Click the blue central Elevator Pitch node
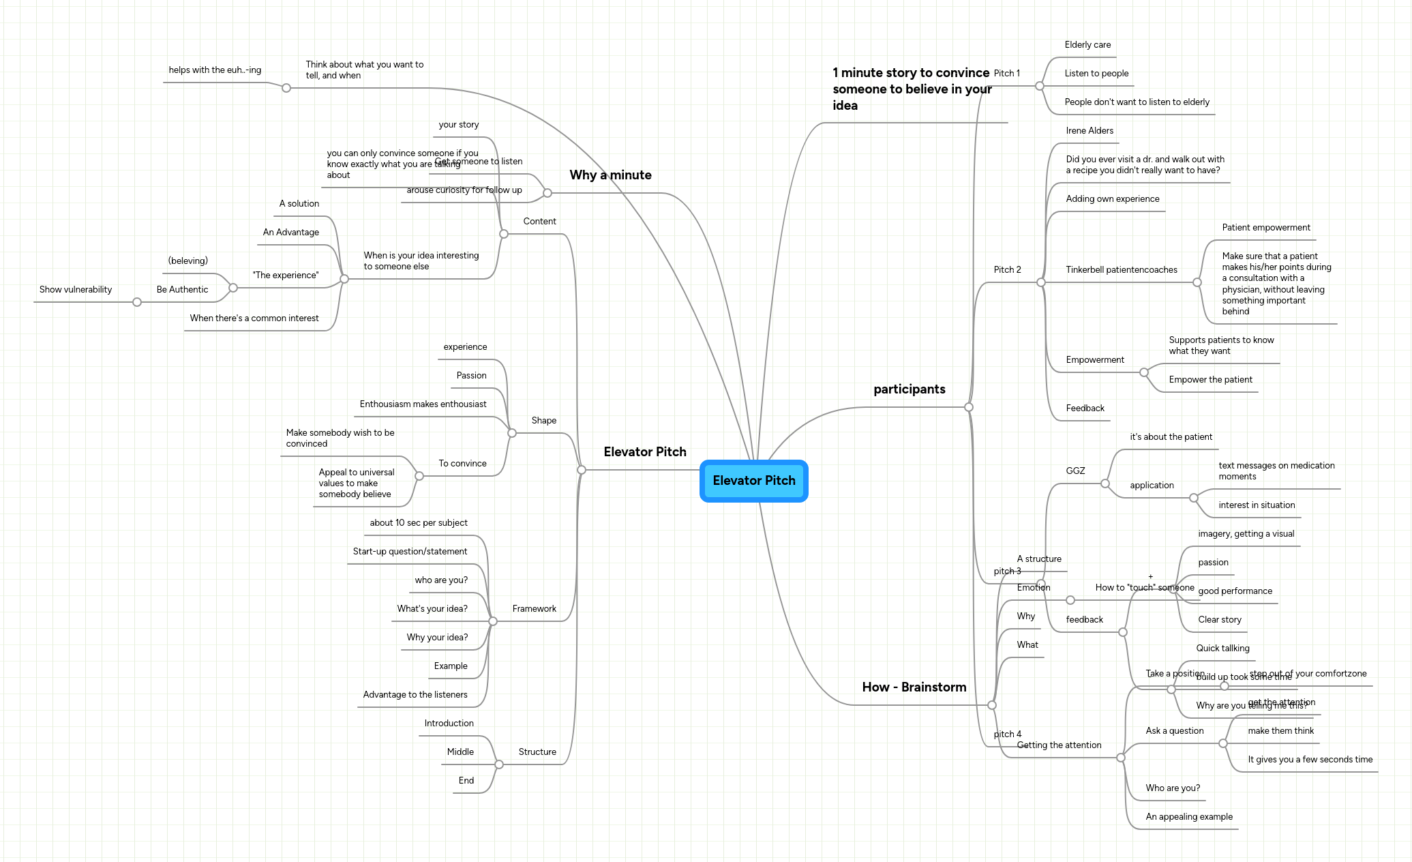pyautogui.click(x=753, y=481)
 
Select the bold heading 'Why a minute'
pyautogui.click(x=610, y=175)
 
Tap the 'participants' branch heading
pyautogui.click(x=909, y=389)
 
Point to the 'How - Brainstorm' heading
pyautogui.click(x=914, y=687)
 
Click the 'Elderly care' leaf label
pyautogui.click(x=1087, y=45)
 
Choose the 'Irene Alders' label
pyautogui.click(x=1089, y=131)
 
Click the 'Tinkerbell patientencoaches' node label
pyautogui.click(x=1121, y=270)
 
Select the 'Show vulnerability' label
pyautogui.click(x=76, y=290)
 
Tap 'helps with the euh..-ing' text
pyautogui.click(x=215, y=70)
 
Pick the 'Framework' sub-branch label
pyautogui.click(x=534, y=609)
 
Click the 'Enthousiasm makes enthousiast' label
pyautogui.click(x=423, y=404)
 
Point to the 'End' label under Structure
pyautogui.click(x=466, y=781)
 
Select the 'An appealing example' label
pyautogui.click(x=1188, y=817)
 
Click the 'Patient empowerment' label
pyautogui.click(x=1265, y=228)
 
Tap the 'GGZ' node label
pyautogui.click(x=1075, y=471)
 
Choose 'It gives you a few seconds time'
pyautogui.click(x=1310, y=760)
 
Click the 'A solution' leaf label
pyautogui.click(x=299, y=204)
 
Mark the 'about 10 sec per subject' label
pyautogui.click(x=418, y=523)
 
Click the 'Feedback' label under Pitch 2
pyautogui.click(x=1085, y=408)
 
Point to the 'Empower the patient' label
pyautogui.click(x=1210, y=380)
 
